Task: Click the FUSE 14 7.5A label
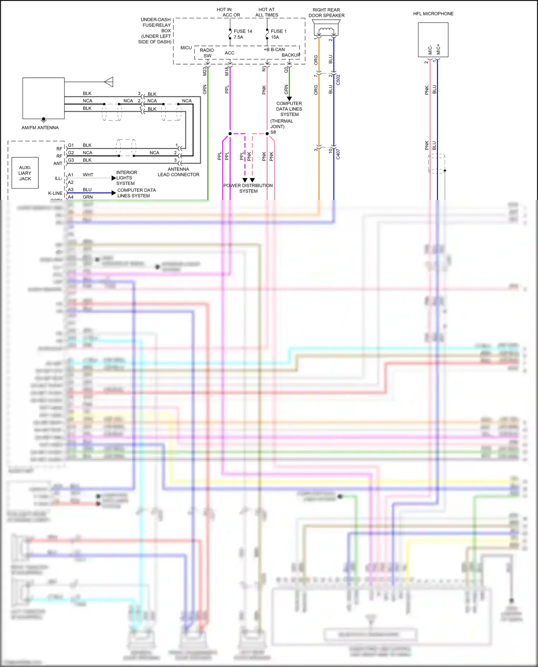pos(242,34)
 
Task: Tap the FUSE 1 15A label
pos(278,34)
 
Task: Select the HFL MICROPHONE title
pos(433,14)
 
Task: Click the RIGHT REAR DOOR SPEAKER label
pos(326,13)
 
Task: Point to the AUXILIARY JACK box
pos(25,173)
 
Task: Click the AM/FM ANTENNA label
pos(40,128)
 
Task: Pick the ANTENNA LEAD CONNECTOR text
pos(178,172)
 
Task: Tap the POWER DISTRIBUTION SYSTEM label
pos(248,188)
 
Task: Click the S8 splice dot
pos(267,134)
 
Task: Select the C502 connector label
pos(338,80)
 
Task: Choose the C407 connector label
pos(338,154)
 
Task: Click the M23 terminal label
pos(205,71)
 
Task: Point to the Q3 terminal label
pos(286,70)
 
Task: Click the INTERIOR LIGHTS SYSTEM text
pos(126,178)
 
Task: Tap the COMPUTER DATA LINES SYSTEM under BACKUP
pos(289,109)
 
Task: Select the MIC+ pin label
pos(438,50)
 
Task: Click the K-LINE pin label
pos(55,193)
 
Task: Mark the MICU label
pos(186,48)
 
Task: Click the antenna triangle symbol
pos(109,82)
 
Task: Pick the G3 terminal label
pos(71,160)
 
